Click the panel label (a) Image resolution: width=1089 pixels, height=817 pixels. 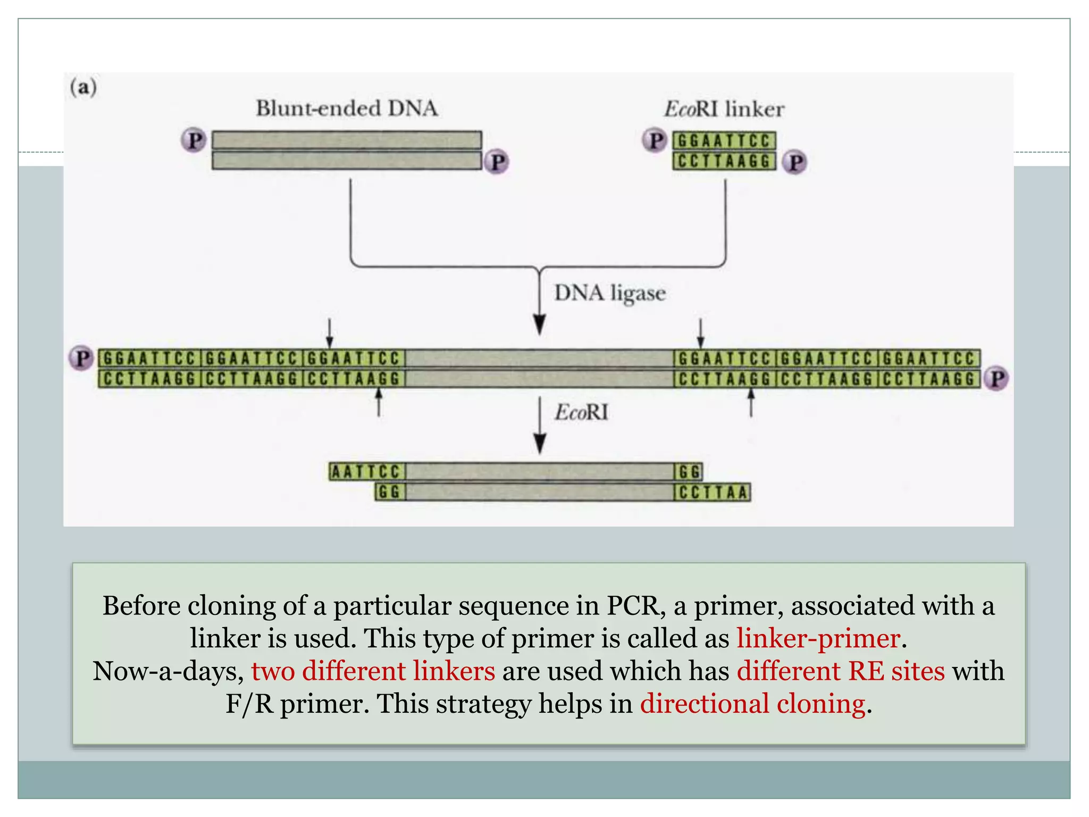click(x=83, y=87)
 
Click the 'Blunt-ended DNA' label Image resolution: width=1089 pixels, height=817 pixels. click(x=347, y=109)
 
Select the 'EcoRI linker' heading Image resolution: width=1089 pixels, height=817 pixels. click(x=724, y=110)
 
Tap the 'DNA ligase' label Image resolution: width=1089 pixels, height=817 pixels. click(x=610, y=293)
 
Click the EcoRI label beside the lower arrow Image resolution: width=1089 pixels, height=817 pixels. click(x=581, y=412)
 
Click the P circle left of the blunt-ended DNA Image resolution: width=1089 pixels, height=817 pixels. click(x=194, y=140)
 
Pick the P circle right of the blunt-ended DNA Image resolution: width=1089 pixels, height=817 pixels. click(x=497, y=162)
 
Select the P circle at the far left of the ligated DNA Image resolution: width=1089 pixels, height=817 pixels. click(x=81, y=358)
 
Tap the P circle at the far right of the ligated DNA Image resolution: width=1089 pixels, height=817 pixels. click(x=996, y=379)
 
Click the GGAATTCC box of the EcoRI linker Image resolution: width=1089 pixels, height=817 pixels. click(x=724, y=141)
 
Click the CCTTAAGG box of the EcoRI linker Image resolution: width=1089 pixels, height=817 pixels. click(x=724, y=161)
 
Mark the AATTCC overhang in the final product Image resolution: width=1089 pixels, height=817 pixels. click(x=366, y=472)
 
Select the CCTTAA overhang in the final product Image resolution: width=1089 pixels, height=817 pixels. click(x=713, y=493)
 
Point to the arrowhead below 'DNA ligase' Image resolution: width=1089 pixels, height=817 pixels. click(x=540, y=324)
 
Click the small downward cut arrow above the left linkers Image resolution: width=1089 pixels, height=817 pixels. click(x=330, y=333)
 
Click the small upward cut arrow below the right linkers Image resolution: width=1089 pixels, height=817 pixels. click(x=751, y=403)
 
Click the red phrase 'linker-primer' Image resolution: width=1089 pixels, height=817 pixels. click(x=818, y=638)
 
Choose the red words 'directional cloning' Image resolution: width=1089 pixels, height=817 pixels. click(x=752, y=704)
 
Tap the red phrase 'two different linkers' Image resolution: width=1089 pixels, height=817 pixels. click(x=373, y=671)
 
